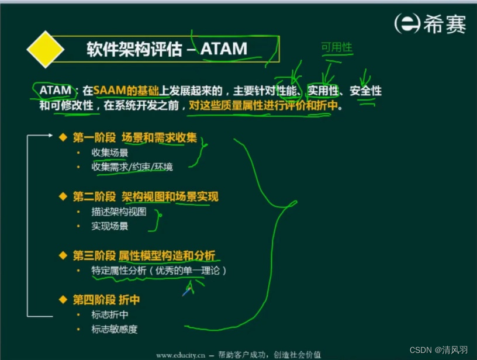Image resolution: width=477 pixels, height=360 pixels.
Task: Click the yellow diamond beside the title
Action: pyautogui.click(x=46, y=49)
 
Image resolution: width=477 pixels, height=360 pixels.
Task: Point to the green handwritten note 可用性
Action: pyautogui.click(x=337, y=47)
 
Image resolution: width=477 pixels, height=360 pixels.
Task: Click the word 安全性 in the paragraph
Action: pyautogui.click(x=365, y=91)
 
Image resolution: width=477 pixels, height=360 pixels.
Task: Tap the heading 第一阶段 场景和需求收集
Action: pyautogui.click(x=134, y=138)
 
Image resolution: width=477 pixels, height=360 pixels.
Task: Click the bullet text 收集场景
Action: pyautogui.click(x=110, y=153)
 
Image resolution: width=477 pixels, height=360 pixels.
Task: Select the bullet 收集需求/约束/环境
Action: pyautogui.click(x=132, y=167)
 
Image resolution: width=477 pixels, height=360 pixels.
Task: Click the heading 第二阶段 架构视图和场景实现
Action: pyautogui.click(x=146, y=196)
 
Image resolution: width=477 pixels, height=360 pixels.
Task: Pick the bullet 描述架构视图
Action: pyautogui.click(x=119, y=212)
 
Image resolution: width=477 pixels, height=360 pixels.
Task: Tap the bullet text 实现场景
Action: pyautogui.click(x=110, y=226)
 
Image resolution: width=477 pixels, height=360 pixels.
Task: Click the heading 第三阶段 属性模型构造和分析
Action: pyautogui.click(x=144, y=255)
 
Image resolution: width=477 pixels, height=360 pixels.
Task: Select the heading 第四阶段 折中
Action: pyautogui.click(x=106, y=300)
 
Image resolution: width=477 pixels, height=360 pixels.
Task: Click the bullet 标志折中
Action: pyautogui.click(x=110, y=315)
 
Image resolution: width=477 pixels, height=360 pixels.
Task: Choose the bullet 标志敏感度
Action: pyautogui.click(x=115, y=329)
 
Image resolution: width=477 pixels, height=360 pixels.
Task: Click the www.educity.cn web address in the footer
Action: pyautogui.click(x=179, y=354)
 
